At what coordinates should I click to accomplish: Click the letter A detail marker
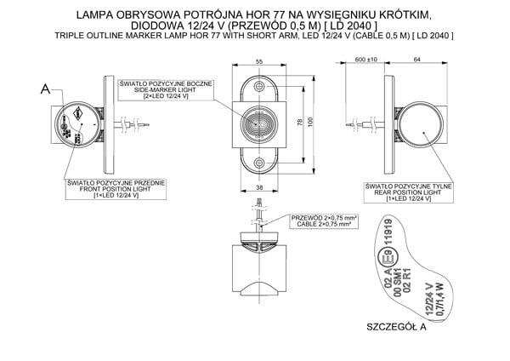(x=45, y=87)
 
